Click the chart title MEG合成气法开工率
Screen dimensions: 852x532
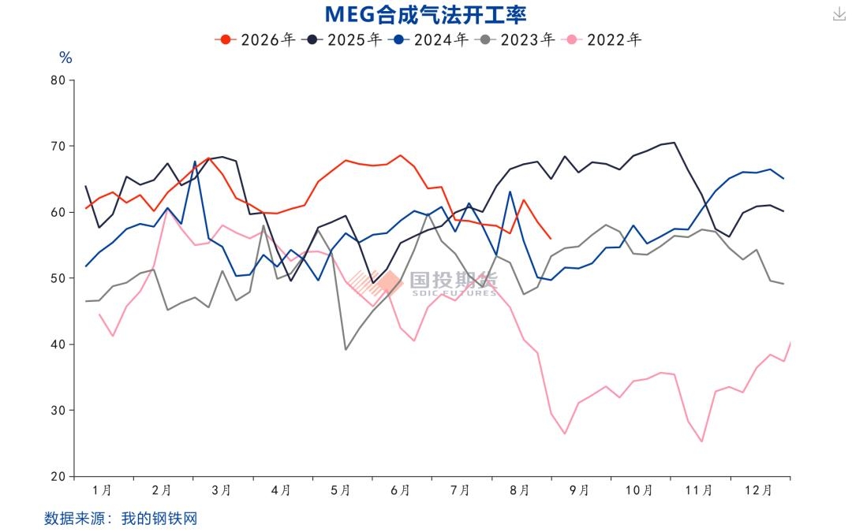pos(425,15)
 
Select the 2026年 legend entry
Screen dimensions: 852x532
pos(255,39)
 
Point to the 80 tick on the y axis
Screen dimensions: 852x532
pos(58,80)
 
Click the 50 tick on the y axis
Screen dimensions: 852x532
pos(58,278)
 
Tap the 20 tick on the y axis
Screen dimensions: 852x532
pos(58,477)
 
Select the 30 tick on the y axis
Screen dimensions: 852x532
pos(58,411)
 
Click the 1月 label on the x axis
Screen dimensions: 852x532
pos(102,491)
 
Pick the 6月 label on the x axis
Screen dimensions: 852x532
pos(400,491)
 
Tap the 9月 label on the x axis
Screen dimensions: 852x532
pos(579,491)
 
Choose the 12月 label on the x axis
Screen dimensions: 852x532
pos(758,491)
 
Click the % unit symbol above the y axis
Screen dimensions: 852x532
pos(65,58)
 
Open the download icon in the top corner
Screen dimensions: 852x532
pos(839,14)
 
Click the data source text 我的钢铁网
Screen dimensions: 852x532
pos(159,519)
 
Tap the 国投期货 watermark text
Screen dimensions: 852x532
pos(454,280)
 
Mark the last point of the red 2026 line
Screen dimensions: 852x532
pos(551,238)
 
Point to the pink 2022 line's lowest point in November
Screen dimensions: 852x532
pos(702,441)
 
